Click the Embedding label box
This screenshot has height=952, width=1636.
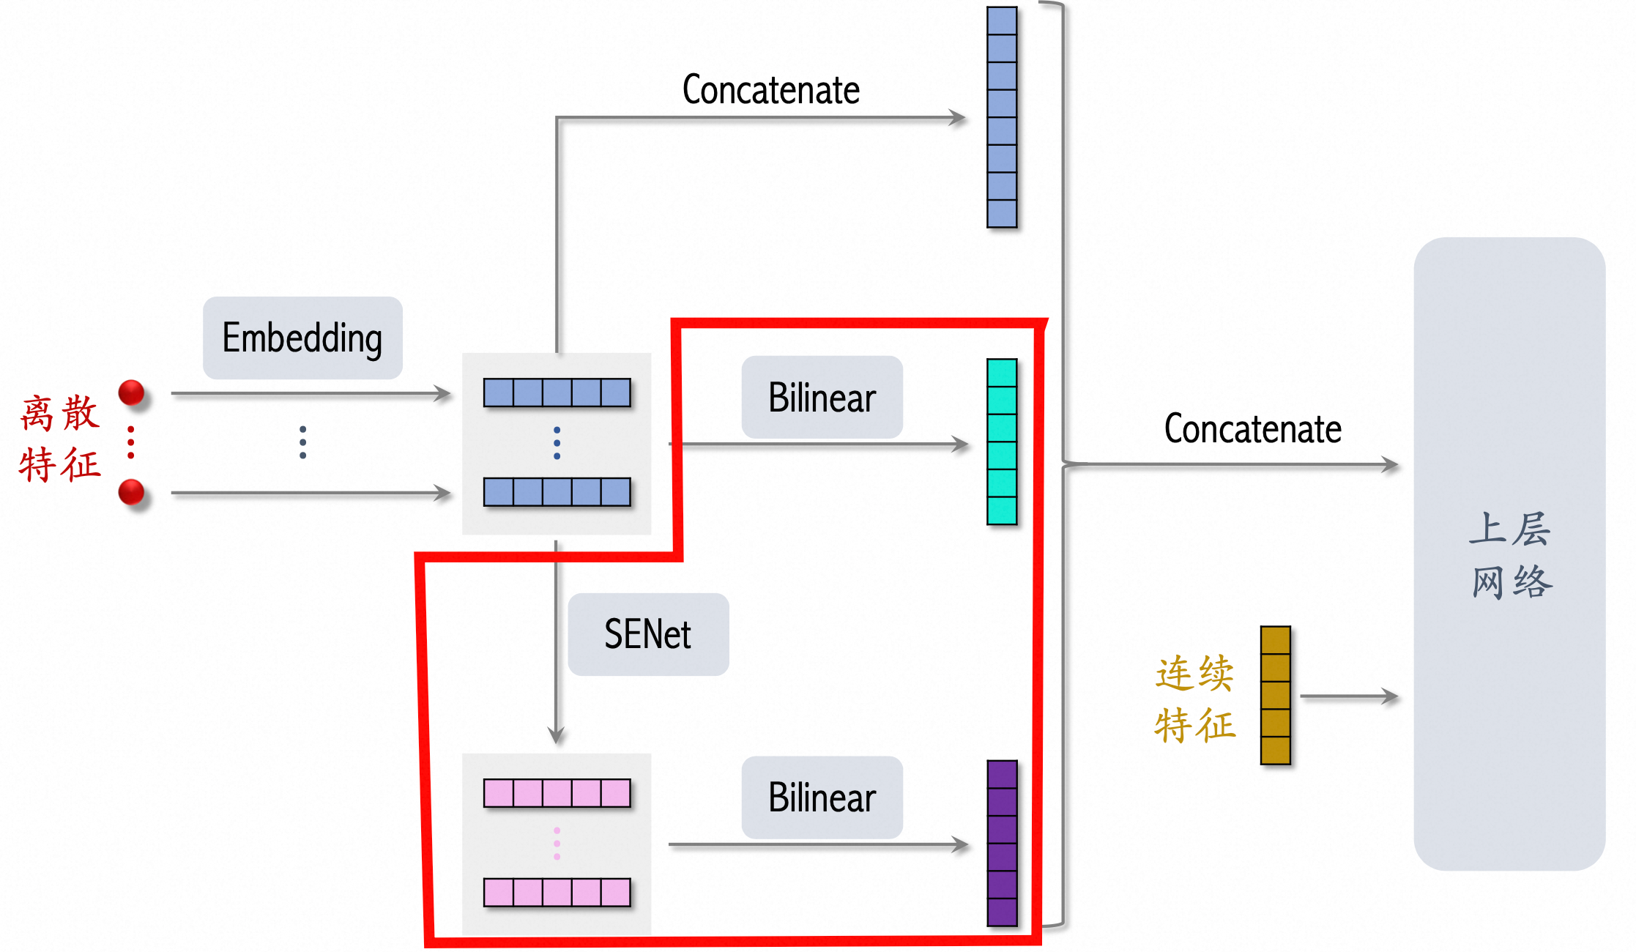tap(302, 338)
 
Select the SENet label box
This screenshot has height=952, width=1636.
tap(648, 634)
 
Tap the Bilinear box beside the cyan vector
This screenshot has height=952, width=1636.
tap(822, 397)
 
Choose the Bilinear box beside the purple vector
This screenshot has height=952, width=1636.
tap(822, 797)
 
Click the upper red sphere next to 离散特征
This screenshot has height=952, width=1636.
tap(132, 393)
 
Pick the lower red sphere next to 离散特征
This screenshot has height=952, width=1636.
tap(132, 491)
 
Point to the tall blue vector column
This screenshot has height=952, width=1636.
tap(1002, 117)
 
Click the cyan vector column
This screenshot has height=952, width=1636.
tap(1002, 442)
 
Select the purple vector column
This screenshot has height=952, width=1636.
tap(1002, 843)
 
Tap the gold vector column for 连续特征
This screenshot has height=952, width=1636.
tap(1275, 695)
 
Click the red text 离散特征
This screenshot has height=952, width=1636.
tap(60, 439)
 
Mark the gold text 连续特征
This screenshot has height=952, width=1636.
tap(1194, 699)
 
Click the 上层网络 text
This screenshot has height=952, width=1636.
tap(1510, 555)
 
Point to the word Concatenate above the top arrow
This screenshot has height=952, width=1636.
tap(770, 90)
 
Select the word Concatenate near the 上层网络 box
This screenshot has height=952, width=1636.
tap(1252, 429)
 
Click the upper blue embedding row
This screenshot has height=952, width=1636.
tap(557, 393)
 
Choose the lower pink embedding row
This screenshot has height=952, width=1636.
tap(557, 893)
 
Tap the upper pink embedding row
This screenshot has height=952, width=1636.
tap(557, 793)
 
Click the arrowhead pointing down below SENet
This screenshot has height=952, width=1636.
tap(557, 735)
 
